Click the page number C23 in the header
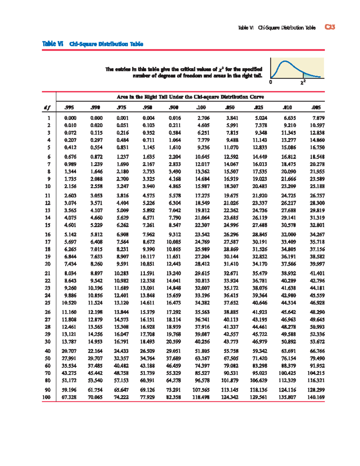[330, 27]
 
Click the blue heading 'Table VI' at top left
[53, 44]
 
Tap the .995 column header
[69, 107]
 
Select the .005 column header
[316, 107]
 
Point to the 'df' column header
[47, 107]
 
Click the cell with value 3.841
[232, 118]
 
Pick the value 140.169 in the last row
[316, 397]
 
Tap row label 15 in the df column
[47, 225]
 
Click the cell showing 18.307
[231, 186]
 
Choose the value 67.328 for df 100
[69, 397]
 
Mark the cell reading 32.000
[288, 234]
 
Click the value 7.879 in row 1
[318, 118]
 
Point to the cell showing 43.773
[231, 341]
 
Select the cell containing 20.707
[69, 351]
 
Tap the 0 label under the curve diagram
[271, 82]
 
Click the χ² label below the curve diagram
[303, 82]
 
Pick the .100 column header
[201, 107]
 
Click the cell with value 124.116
[287, 390]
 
